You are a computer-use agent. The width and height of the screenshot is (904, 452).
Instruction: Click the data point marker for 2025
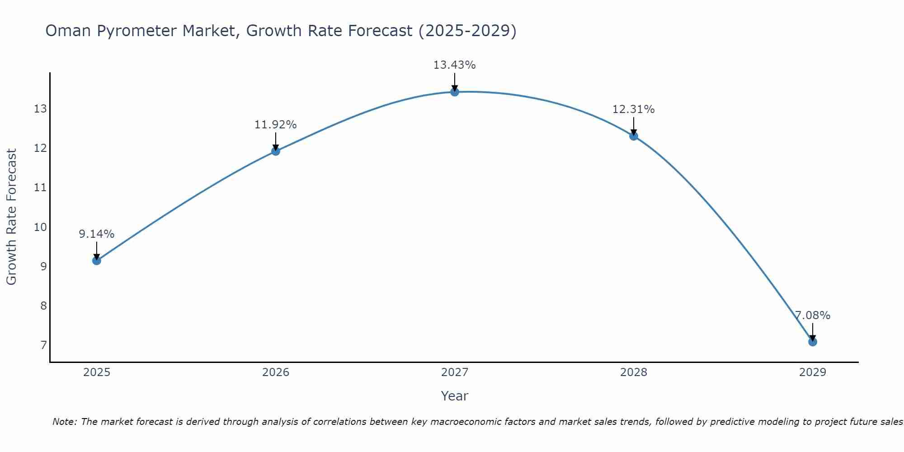(96, 260)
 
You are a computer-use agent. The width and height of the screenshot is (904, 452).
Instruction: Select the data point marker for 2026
(275, 151)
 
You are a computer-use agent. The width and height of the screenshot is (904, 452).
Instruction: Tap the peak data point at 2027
(454, 92)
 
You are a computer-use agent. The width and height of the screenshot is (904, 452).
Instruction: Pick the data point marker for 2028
(633, 136)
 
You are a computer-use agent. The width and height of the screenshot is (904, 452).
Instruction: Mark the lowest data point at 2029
(812, 342)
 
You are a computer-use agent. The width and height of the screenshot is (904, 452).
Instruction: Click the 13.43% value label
(454, 65)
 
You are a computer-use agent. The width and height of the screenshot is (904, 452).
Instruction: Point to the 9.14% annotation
(96, 234)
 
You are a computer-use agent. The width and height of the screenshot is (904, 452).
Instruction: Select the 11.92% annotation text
(275, 125)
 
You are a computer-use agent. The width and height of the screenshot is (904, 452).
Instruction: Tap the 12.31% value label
(633, 109)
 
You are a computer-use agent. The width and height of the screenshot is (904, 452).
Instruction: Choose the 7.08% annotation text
(812, 315)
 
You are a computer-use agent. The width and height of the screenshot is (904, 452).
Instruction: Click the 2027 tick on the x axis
(454, 372)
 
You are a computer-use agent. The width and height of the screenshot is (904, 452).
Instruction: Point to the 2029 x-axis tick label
(812, 372)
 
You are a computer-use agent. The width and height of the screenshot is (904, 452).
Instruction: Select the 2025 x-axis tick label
(97, 372)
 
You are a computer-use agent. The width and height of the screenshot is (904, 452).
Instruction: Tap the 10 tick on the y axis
(40, 227)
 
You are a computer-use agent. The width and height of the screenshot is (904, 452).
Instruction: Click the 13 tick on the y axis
(40, 109)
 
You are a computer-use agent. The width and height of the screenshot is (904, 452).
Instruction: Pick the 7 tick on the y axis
(43, 345)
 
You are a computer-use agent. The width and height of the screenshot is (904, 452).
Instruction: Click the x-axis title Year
(454, 396)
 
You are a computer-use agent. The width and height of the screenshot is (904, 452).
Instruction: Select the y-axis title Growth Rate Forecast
(11, 217)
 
